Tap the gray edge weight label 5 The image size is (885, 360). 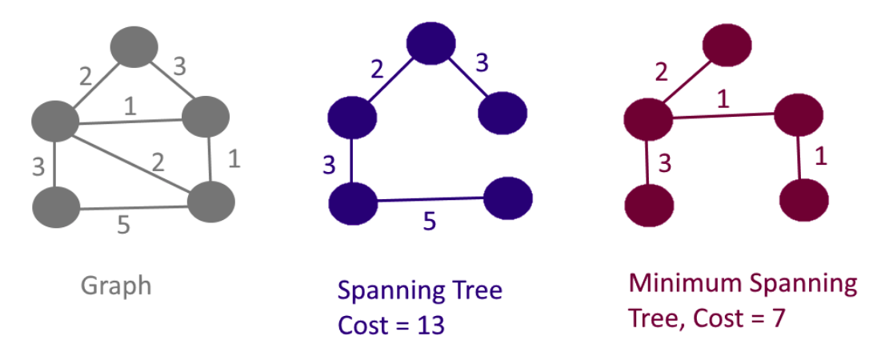(x=122, y=226)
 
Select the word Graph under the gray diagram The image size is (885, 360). (x=116, y=286)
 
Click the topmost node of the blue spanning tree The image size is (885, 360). (x=431, y=45)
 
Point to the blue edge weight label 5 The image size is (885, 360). (x=429, y=222)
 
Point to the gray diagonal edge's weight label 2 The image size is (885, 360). (x=158, y=164)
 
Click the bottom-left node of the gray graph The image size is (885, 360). (x=56, y=207)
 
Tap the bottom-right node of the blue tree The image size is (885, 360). (x=508, y=197)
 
